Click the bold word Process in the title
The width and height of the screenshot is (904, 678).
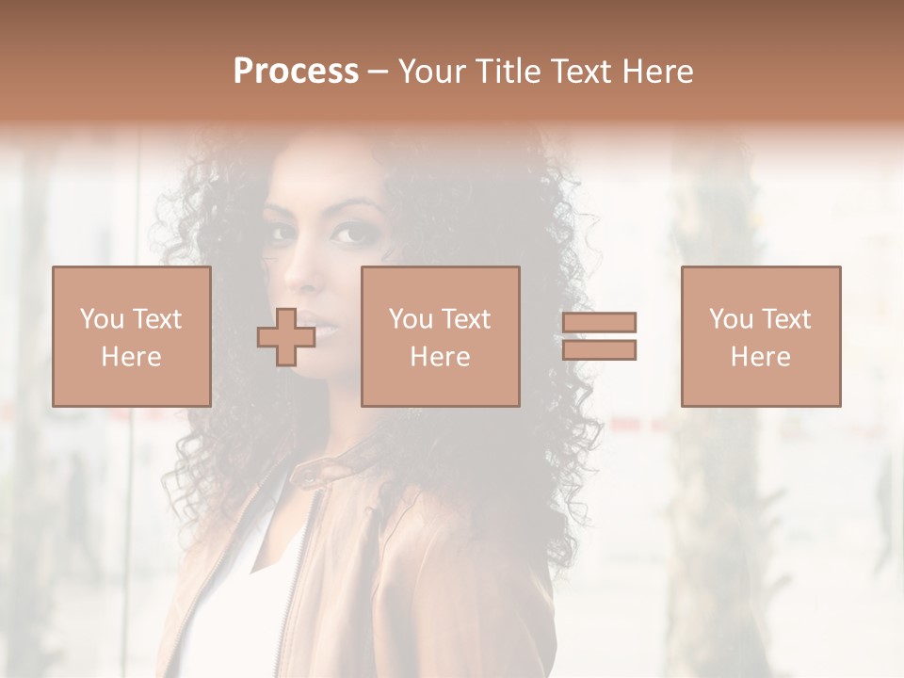pos(296,72)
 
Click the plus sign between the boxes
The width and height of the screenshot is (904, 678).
pos(286,337)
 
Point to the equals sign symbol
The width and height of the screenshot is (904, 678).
pos(599,336)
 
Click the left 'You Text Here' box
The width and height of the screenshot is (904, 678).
pos(131,336)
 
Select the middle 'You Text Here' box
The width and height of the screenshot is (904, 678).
pos(440,336)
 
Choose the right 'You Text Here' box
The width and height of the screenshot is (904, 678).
pos(760,336)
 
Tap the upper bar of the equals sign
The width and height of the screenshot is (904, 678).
pos(599,323)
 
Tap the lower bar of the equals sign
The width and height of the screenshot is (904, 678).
pos(599,350)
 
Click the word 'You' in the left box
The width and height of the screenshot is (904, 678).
pos(101,319)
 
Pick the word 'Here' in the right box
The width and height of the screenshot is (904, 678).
pos(760,357)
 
